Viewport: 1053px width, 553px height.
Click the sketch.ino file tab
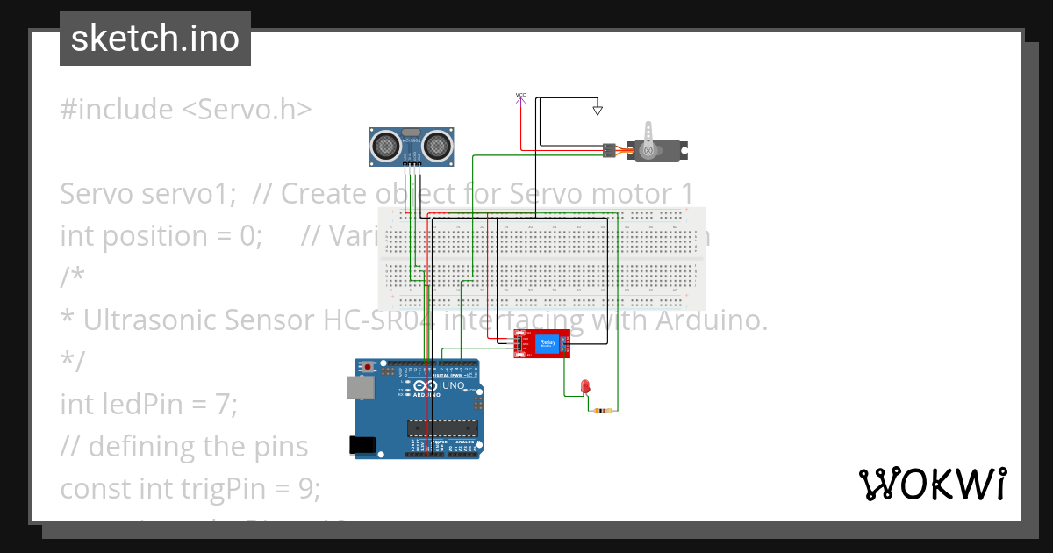(155, 39)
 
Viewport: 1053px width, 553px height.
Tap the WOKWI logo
(932, 484)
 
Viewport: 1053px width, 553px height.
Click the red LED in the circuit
(585, 386)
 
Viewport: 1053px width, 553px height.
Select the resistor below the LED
(603, 411)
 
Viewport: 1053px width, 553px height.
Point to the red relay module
(541, 344)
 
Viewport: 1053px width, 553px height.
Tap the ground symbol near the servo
(598, 111)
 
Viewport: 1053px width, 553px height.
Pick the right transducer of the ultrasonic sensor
(437, 143)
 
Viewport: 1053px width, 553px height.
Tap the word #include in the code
(117, 109)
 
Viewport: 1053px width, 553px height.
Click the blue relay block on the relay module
(548, 343)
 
